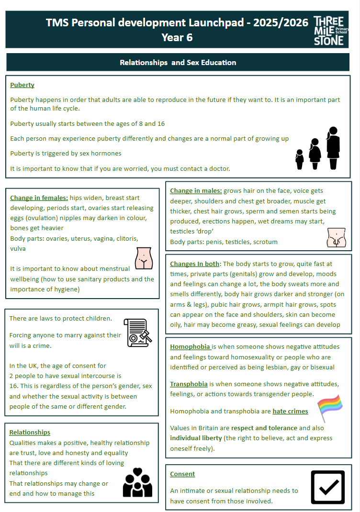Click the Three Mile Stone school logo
click(x=329, y=30)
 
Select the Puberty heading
click(x=22, y=85)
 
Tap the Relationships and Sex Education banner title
click(x=178, y=63)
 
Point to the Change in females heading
click(x=39, y=198)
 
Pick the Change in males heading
click(x=195, y=190)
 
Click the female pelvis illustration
click(x=144, y=258)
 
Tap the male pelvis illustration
click(x=337, y=237)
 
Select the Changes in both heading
click(x=195, y=264)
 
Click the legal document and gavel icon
click(x=138, y=333)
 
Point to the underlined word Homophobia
click(x=190, y=347)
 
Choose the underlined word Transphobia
click(x=189, y=384)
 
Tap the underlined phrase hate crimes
click(x=290, y=412)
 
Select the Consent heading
click(x=182, y=474)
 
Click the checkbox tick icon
click(x=328, y=487)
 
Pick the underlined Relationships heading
click(x=30, y=433)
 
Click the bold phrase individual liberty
click(x=196, y=438)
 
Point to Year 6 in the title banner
click(x=177, y=37)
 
